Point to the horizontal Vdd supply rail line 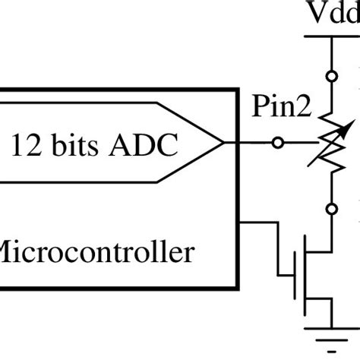pos(332,36)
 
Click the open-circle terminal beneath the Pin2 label pos(279,142)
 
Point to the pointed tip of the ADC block pos(223,142)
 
